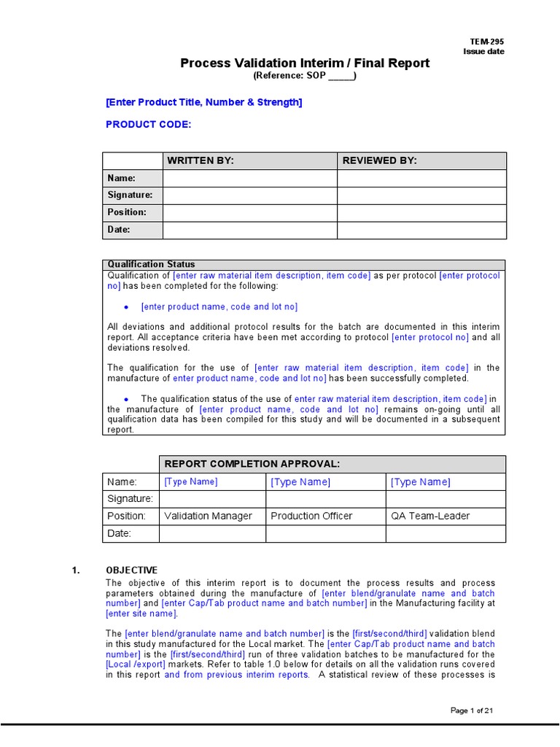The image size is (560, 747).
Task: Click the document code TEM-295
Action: [487, 42]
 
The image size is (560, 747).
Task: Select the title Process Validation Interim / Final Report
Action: [305, 63]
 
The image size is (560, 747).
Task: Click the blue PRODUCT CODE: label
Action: [148, 124]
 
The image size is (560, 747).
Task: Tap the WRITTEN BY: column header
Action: [201, 161]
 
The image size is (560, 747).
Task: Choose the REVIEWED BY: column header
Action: [374, 161]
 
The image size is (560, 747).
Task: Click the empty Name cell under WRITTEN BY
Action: [249, 178]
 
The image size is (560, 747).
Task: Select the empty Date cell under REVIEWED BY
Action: [421, 230]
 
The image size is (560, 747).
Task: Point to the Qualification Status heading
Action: [151, 264]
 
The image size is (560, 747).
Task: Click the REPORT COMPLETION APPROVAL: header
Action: [252, 464]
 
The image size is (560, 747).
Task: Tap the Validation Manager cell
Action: [208, 516]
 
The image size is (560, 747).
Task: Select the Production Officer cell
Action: [311, 516]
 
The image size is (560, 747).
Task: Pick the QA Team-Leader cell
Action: [430, 516]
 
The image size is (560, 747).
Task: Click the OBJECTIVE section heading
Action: [131, 570]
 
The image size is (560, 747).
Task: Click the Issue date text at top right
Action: [483, 52]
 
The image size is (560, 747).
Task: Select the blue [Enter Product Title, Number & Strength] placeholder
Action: [203, 102]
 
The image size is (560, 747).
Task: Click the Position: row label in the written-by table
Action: [127, 212]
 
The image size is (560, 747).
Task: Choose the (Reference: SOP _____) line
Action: [305, 76]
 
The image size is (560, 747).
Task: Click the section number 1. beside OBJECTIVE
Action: [76, 570]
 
